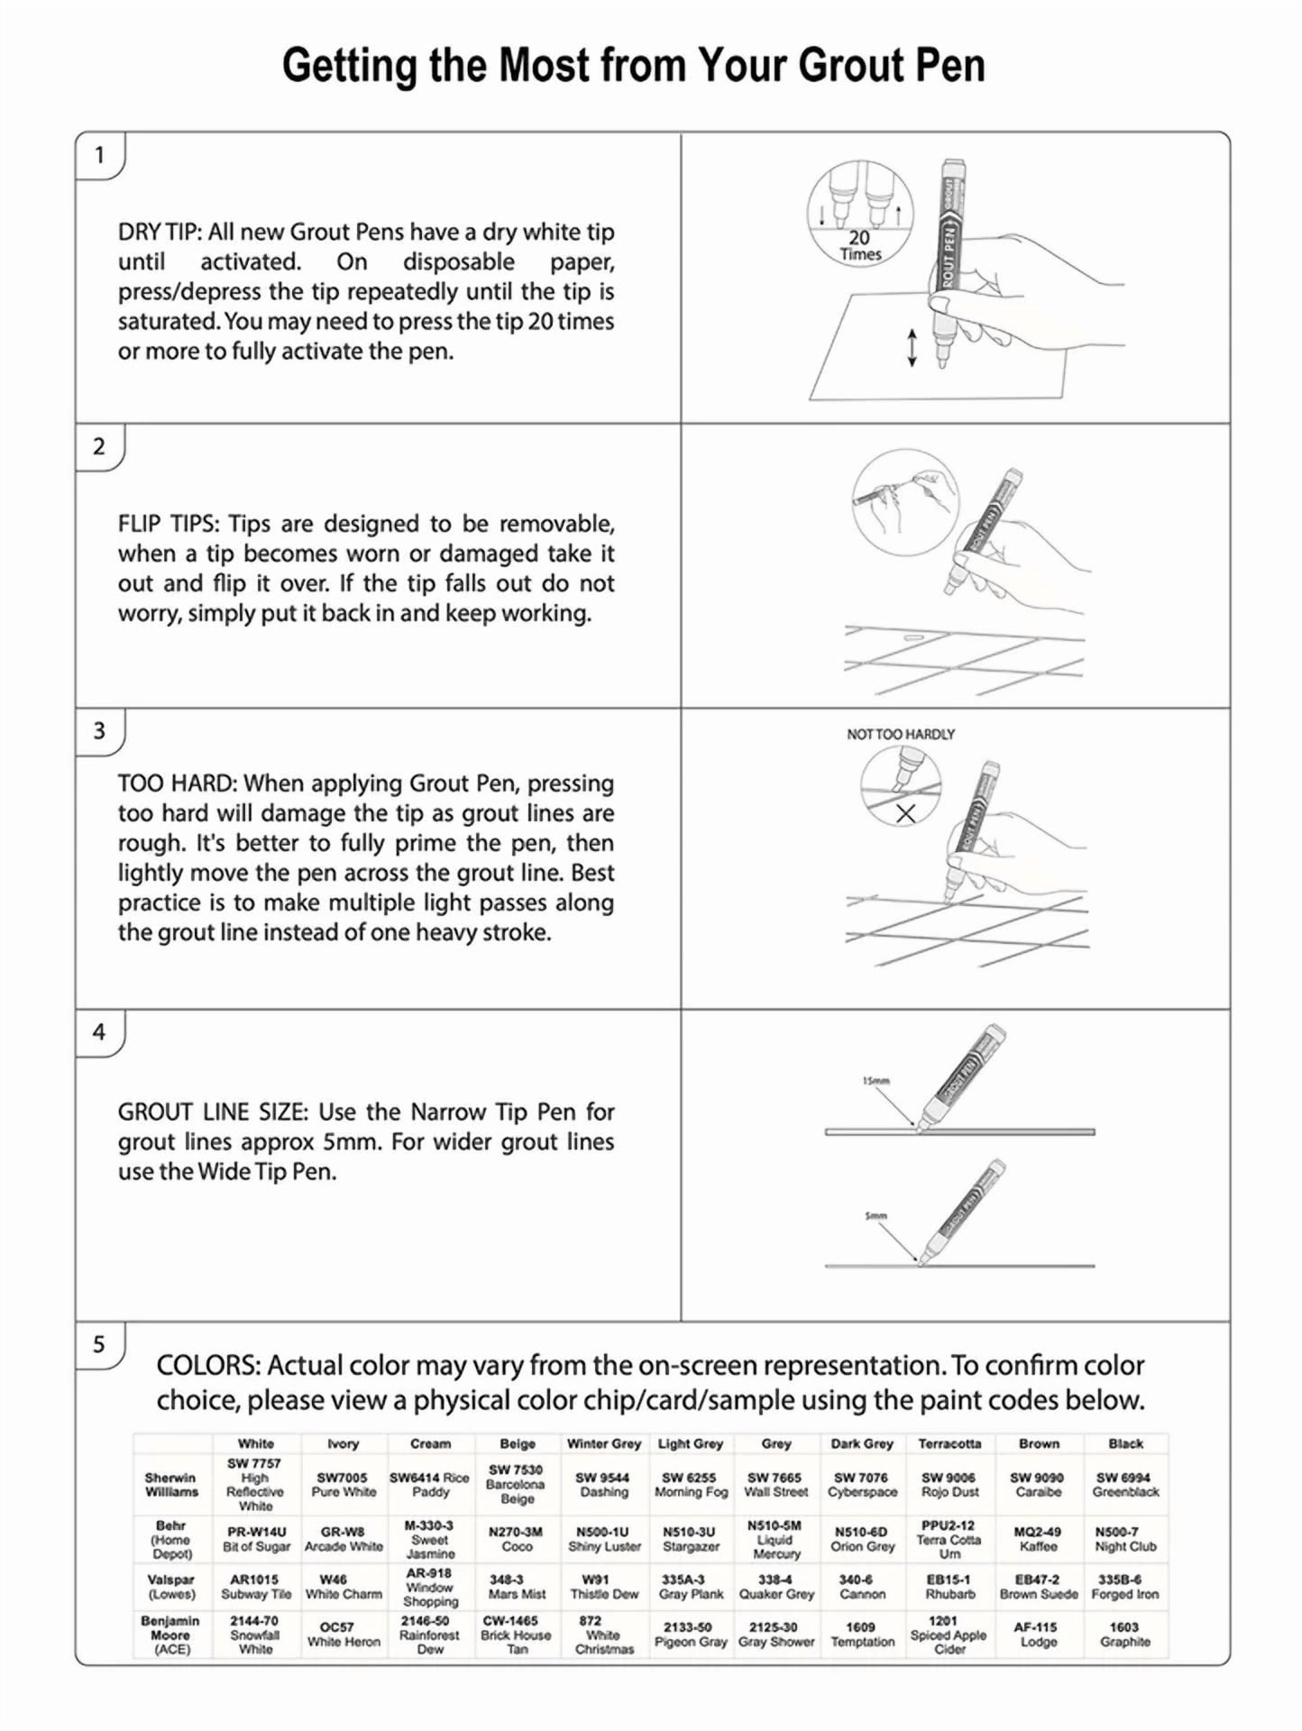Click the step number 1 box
click(99, 155)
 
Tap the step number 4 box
click(99, 1031)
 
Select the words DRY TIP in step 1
click(159, 233)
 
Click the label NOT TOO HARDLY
click(900, 735)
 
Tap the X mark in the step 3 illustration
click(905, 813)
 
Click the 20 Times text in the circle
click(859, 245)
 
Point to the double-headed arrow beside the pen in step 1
click(912, 347)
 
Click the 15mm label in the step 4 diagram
click(876, 1080)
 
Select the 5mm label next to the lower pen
click(876, 1216)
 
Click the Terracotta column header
click(949, 1443)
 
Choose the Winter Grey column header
click(603, 1443)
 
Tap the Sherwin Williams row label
click(170, 1485)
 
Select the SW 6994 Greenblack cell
click(1125, 1485)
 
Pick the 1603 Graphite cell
click(1124, 1635)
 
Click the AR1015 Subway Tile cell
click(256, 1587)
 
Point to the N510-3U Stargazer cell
click(690, 1539)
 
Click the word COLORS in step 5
click(208, 1366)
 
